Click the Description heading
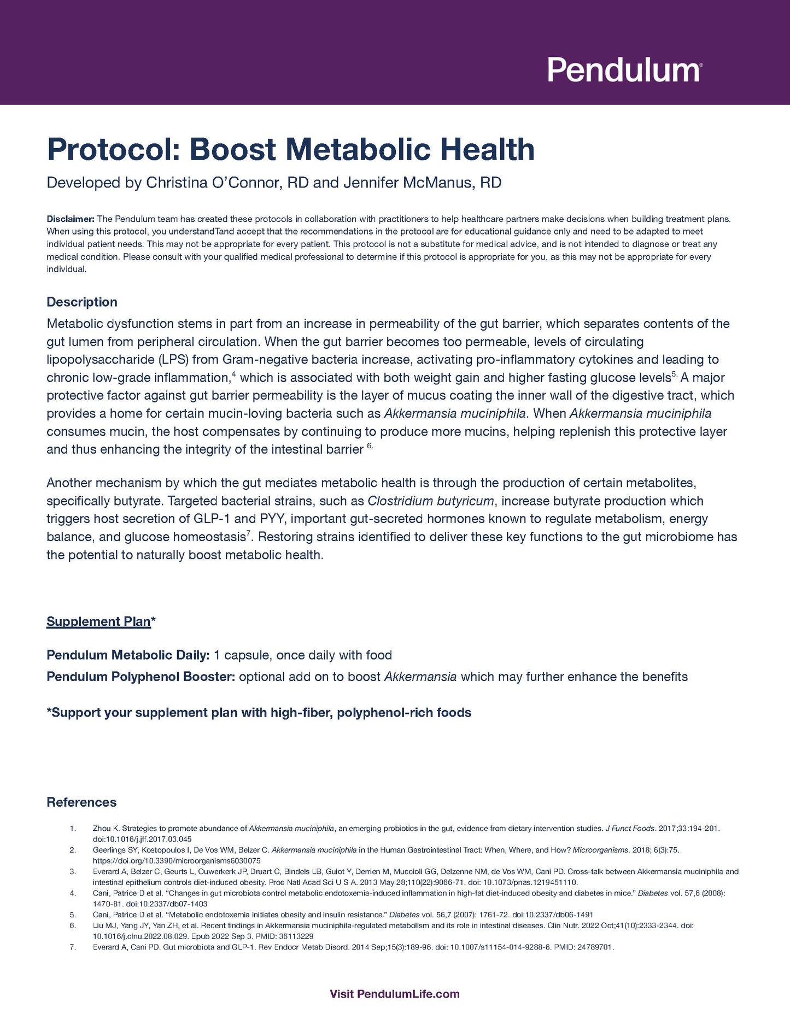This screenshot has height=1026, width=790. (82, 302)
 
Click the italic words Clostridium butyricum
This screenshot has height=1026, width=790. (431, 501)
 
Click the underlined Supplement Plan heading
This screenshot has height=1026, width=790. (98, 622)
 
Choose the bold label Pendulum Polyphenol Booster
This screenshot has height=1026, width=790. (141, 677)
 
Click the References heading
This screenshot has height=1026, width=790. (81, 802)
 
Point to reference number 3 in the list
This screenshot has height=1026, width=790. (73, 871)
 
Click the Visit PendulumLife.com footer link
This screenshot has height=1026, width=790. (395, 994)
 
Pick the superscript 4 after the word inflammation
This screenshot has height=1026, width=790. (233, 374)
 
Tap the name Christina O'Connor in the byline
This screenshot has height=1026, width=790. (214, 183)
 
